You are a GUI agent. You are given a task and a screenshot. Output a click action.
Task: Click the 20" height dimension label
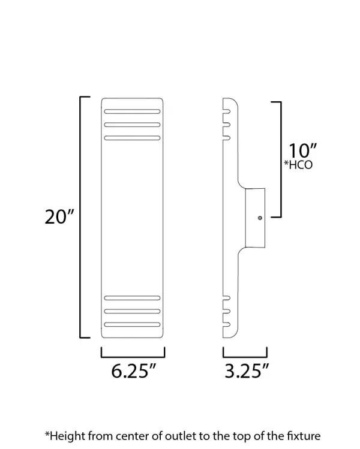point(59,217)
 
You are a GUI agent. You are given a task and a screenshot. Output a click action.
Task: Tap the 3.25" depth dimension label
point(245,371)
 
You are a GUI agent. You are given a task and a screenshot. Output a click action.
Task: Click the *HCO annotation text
point(298,165)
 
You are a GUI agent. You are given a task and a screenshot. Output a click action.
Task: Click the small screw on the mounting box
point(259,218)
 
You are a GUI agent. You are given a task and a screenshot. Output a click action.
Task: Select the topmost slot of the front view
point(132,112)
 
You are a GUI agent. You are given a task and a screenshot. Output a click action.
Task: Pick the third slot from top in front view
point(132,138)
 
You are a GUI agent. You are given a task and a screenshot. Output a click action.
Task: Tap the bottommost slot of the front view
point(132,325)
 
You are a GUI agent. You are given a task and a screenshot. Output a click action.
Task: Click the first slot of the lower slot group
point(132,298)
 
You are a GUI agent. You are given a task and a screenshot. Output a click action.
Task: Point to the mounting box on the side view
point(254,218)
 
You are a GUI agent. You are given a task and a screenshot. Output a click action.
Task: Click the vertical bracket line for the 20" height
point(81,217)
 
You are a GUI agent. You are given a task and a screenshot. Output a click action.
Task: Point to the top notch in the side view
point(227,112)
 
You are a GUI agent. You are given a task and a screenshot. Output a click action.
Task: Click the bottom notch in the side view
point(227,325)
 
